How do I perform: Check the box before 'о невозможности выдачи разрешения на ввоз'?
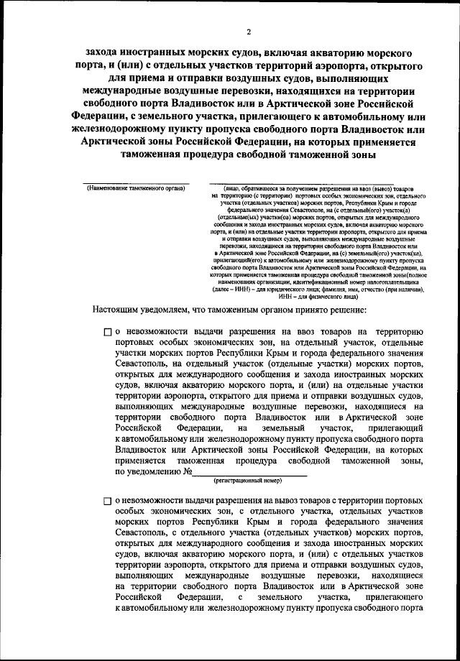pos(107,333)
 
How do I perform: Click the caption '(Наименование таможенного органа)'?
pos(136,188)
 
